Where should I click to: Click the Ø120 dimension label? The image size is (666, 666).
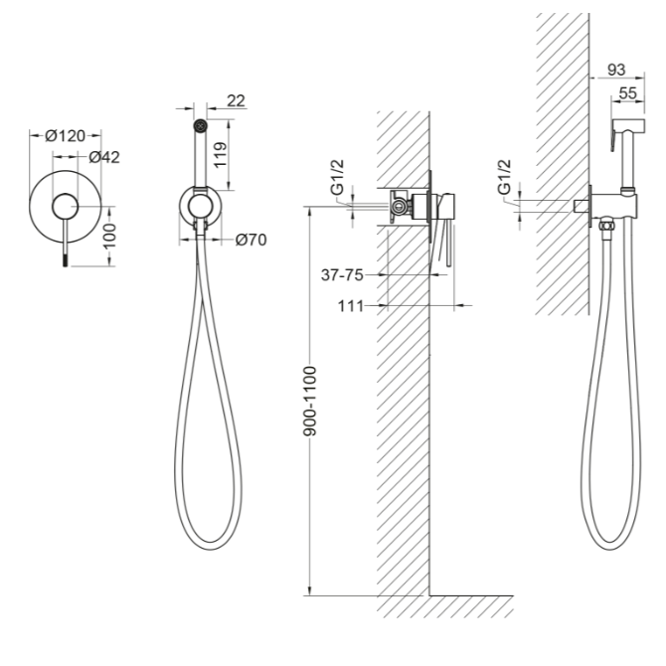[x=65, y=136]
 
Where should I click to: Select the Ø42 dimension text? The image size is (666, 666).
[x=104, y=157]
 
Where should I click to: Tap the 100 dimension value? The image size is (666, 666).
[x=109, y=237]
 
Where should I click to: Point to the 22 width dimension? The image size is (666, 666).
[x=237, y=100]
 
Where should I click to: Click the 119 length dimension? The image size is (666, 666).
[x=220, y=155]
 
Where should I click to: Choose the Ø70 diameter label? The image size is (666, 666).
[x=251, y=240]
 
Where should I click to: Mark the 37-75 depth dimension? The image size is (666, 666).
[x=342, y=275]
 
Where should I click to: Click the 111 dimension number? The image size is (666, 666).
[x=351, y=306]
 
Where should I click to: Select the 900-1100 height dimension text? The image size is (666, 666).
[x=310, y=401]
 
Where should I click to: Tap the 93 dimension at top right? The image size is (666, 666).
[x=616, y=70]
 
